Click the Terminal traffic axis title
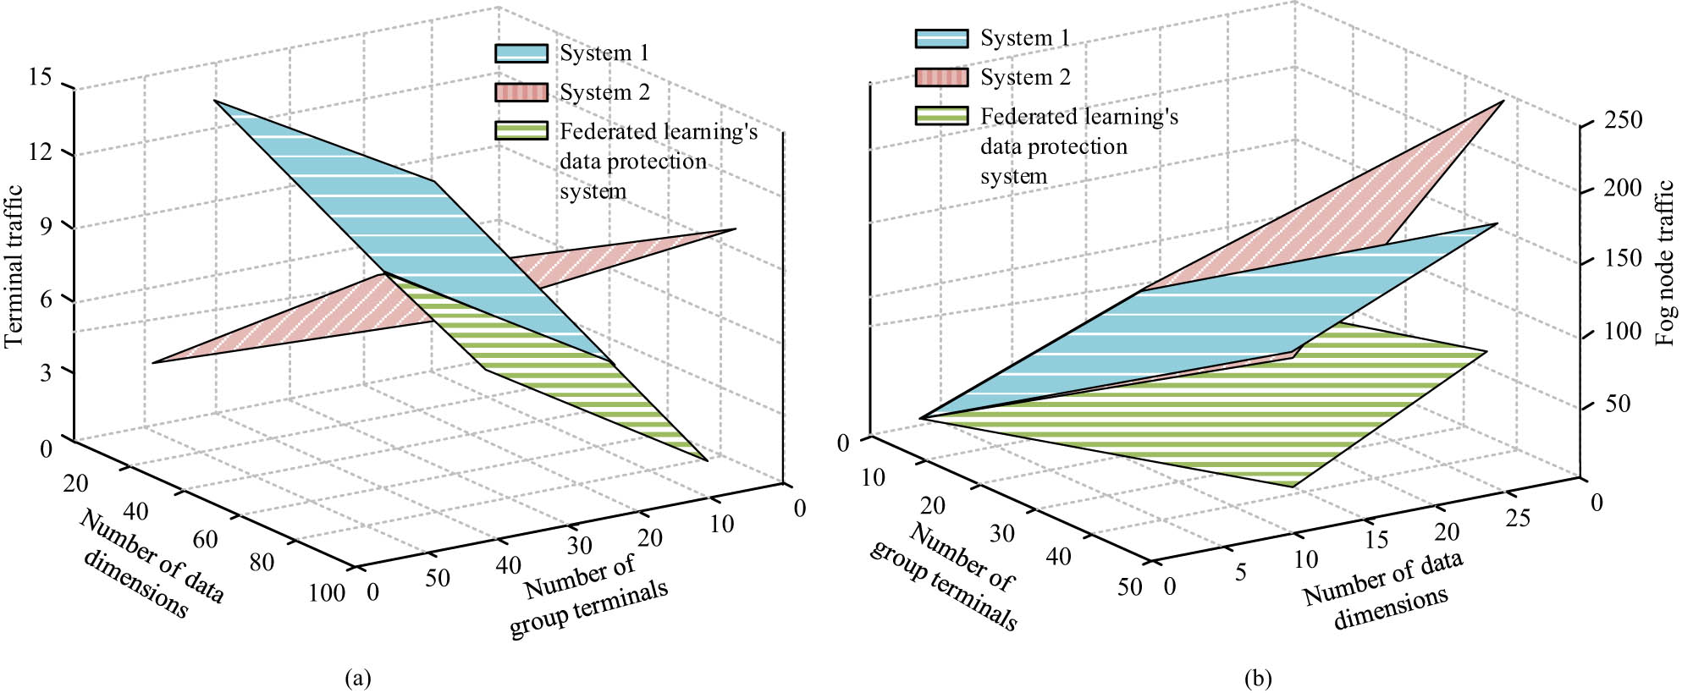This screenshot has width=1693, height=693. (x=14, y=266)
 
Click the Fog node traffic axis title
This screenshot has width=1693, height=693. (x=1665, y=262)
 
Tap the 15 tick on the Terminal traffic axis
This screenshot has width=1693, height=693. (x=40, y=78)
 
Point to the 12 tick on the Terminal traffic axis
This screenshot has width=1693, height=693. (x=40, y=152)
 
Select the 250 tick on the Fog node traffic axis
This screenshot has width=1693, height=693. (x=1623, y=120)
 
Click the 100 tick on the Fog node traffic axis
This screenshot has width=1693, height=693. (x=1623, y=332)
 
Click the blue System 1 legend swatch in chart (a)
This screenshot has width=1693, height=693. (x=521, y=53)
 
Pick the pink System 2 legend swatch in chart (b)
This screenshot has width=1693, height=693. (x=940, y=78)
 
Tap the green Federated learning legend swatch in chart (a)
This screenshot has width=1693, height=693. (x=521, y=131)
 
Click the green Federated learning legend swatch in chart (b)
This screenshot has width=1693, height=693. (x=940, y=116)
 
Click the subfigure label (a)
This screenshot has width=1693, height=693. (x=358, y=678)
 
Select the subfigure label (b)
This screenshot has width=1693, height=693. (x=1258, y=678)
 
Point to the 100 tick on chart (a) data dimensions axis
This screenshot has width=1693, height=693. (x=327, y=593)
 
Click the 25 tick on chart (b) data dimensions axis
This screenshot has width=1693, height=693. (x=1518, y=518)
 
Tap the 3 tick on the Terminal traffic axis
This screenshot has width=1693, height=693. (x=46, y=372)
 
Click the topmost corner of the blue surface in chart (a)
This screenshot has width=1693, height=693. (x=215, y=101)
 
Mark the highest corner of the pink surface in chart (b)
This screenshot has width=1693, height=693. (x=1503, y=102)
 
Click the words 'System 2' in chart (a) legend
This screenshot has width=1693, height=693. (x=604, y=92)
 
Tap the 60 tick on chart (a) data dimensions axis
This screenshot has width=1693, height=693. (x=205, y=539)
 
